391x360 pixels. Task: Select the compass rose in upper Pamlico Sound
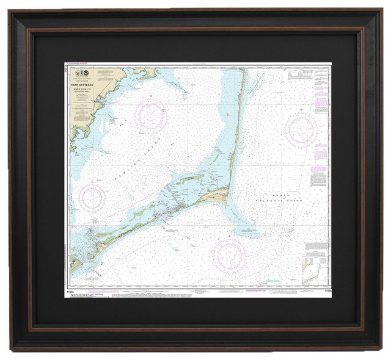tap(151, 114)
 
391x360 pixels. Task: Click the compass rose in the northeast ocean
tap(301, 129)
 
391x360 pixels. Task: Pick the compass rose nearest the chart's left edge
tap(92, 196)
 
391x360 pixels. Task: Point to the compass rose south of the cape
tap(229, 254)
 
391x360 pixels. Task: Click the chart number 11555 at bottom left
tap(75, 292)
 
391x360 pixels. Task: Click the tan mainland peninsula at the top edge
tap(143, 73)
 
